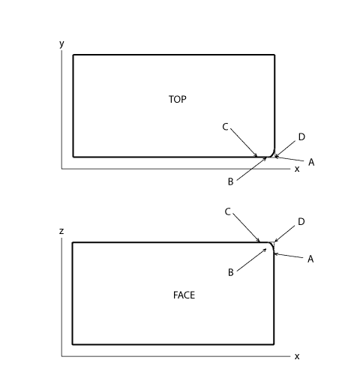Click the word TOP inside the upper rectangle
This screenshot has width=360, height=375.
point(178,99)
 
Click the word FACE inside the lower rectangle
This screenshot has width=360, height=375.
point(184,295)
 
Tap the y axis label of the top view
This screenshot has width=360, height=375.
point(61,44)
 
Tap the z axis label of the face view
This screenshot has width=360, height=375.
point(61,231)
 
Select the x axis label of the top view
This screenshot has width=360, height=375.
point(297,169)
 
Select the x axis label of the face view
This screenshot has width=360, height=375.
point(297,356)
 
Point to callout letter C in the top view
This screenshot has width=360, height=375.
point(225,127)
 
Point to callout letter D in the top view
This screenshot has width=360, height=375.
point(301,136)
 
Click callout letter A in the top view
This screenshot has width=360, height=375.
point(311,162)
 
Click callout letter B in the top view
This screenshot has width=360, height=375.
point(231,181)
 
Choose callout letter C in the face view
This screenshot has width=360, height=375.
point(227,211)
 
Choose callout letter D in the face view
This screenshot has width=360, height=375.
point(301,221)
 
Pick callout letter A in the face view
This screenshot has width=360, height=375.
point(310,259)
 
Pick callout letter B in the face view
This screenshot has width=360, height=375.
point(231,272)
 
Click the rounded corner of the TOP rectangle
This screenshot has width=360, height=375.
point(273,155)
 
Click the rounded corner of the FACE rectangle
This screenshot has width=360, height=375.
point(272,244)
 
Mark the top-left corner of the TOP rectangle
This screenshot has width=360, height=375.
point(73,55)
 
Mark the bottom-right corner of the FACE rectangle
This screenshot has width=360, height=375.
point(274,344)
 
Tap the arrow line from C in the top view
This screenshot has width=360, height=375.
point(244,142)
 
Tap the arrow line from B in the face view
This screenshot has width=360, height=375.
point(251,259)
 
